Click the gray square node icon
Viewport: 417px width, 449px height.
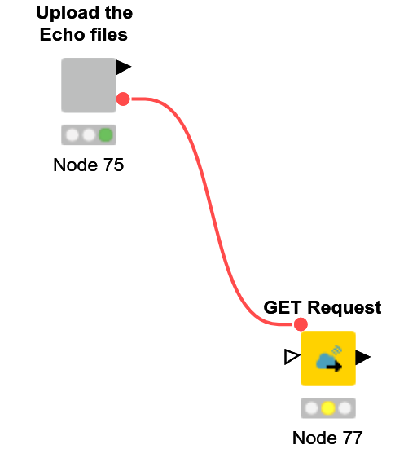[x=89, y=86]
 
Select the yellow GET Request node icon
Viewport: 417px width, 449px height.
[x=328, y=359]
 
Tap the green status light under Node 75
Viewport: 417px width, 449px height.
[x=106, y=135]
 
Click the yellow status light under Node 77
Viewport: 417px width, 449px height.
[x=328, y=408]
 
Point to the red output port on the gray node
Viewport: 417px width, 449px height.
[x=123, y=99]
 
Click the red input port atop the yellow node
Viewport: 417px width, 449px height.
[x=301, y=324]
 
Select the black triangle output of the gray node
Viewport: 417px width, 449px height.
[x=123, y=68]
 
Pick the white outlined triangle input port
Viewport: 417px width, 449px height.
[x=292, y=357]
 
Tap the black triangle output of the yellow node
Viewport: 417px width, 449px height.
[x=363, y=357]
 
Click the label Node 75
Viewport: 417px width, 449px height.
[x=89, y=165]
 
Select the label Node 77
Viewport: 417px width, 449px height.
[x=327, y=438]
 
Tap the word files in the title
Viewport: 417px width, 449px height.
[x=109, y=35]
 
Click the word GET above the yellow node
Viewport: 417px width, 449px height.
[x=282, y=307]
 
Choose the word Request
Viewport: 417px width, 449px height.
[x=345, y=308]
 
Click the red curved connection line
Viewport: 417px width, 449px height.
[x=212, y=212]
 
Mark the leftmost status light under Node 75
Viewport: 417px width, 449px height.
[x=72, y=135]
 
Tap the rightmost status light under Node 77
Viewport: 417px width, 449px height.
[x=345, y=408]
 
